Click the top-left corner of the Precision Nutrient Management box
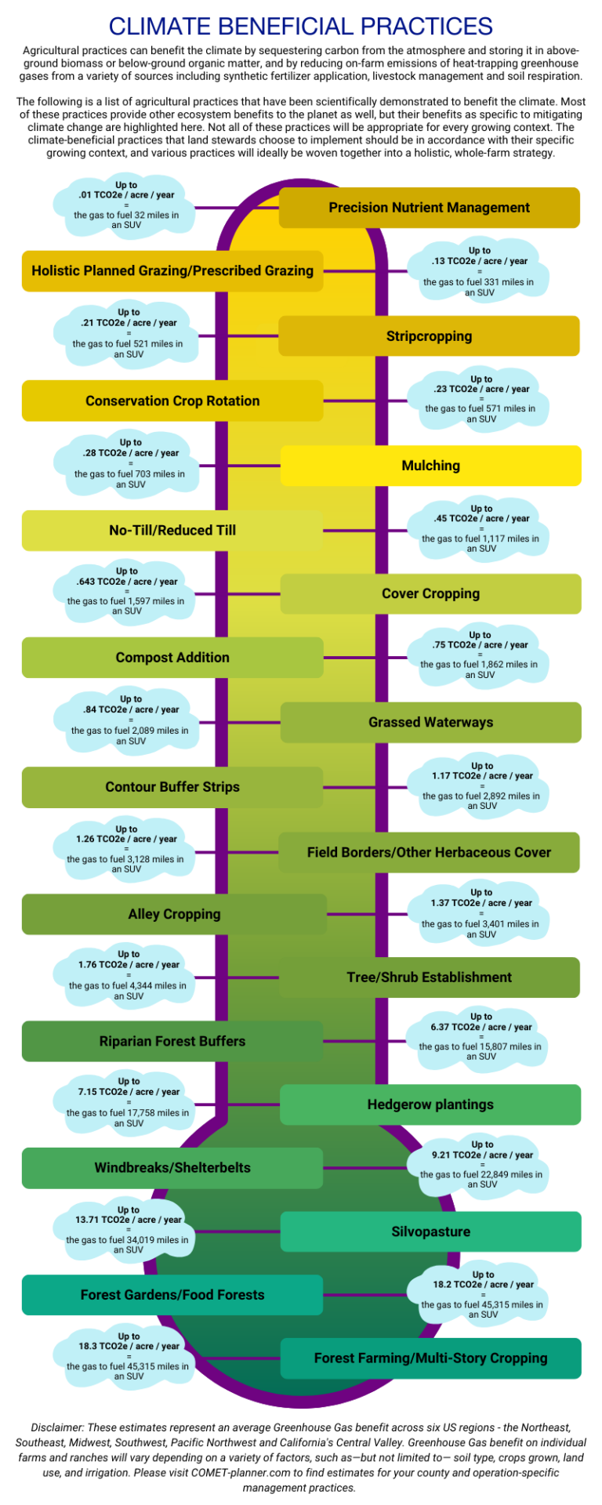click(280, 188)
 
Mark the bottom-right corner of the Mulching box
click(581, 485)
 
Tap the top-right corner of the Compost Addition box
click(322, 637)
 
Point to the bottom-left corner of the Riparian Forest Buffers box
click(23, 1061)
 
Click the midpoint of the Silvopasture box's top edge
click(431, 1212)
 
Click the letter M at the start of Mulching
click(408, 466)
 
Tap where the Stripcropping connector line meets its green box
click(279, 336)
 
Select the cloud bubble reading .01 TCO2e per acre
click(126, 206)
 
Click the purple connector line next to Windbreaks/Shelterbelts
click(365, 1168)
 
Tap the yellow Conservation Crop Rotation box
click(172, 401)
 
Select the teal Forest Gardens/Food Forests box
click(172, 1295)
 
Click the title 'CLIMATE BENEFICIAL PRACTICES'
click(301, 26)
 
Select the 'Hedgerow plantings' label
click(430, 1105)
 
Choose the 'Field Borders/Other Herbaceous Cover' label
click(429, 852)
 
